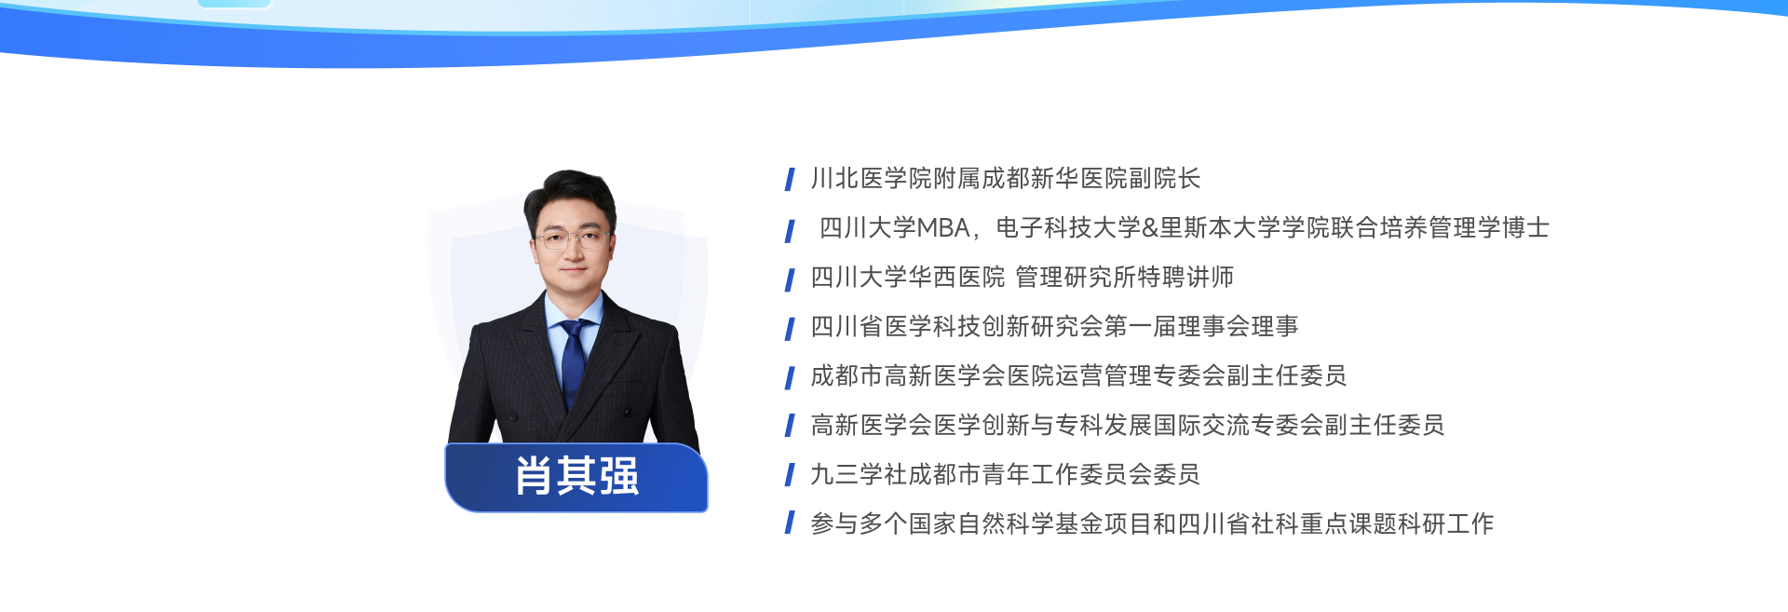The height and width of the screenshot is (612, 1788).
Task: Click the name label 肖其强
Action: click(x=576, y=477)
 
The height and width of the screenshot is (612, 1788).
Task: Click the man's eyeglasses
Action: click(x=571, y=239)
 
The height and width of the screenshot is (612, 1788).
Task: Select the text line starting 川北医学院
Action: click(x=1006, y=178)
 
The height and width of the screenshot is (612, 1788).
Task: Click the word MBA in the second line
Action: click(x=943, y=227)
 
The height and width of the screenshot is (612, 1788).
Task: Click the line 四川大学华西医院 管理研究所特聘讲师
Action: click(x=1022, y=277)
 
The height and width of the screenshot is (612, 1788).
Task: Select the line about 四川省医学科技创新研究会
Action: click(x=1054, y=326)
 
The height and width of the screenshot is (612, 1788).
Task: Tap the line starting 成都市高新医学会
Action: click(x=1078, y=375)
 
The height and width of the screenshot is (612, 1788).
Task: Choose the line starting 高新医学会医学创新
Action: click(x=1127, y=425)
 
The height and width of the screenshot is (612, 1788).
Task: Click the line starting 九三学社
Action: click(x=1005, y=474)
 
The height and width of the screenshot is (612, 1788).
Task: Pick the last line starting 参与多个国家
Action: click(x=1152, y=524)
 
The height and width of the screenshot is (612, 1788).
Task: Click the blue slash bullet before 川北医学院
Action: click(x=790, y=179)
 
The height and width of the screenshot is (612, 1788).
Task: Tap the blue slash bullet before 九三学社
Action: click(x=790, y=475)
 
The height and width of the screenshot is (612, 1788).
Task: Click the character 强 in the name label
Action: click(x=619, y=477)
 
